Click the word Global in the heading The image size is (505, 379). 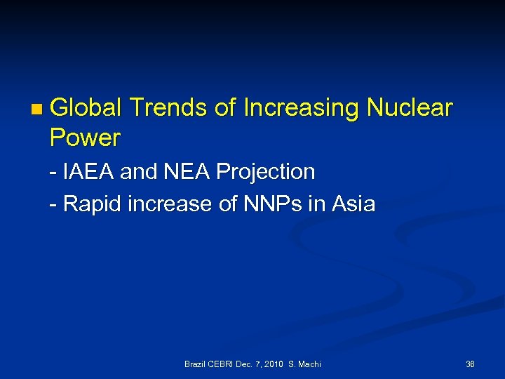86,108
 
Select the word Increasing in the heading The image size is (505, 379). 302,108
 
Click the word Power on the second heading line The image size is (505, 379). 85,138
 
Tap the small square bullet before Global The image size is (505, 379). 36,109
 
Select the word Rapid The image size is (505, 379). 89,204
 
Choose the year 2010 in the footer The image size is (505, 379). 273,364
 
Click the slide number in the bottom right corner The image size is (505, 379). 470,364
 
